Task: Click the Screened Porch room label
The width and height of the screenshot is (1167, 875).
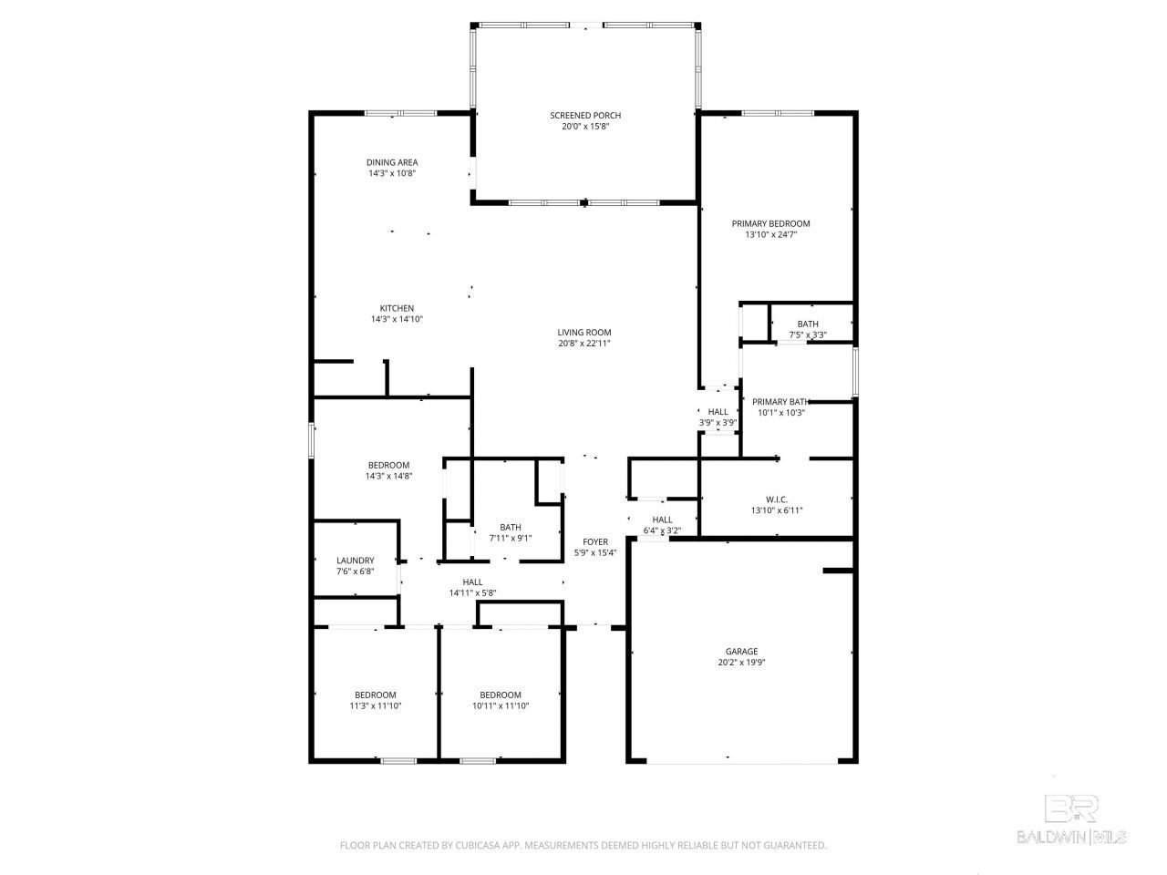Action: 584,115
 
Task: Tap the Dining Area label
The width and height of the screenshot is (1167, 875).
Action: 392,162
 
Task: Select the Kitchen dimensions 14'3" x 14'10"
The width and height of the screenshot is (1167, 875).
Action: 397,319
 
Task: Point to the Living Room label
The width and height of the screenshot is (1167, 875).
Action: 583,332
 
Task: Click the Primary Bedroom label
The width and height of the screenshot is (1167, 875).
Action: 770,223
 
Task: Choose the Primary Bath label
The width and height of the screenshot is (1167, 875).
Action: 780,402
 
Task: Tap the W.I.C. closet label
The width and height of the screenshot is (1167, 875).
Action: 776,499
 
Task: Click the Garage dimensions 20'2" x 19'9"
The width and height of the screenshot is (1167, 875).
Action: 741,662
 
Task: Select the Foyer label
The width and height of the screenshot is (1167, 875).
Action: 595,541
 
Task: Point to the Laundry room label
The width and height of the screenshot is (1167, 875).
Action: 356,560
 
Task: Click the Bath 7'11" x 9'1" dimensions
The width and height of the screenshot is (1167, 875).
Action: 510,538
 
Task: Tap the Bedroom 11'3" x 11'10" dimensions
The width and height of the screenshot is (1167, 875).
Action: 375,705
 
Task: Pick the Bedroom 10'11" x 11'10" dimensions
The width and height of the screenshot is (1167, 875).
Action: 501,705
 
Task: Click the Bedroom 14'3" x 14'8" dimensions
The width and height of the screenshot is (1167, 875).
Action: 388,476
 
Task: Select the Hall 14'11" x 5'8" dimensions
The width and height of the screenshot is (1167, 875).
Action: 472,592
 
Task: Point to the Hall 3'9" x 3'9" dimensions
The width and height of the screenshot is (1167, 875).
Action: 718,422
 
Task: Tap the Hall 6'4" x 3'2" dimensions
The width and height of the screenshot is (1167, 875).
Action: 662,530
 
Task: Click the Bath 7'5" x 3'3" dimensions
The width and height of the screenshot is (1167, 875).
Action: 808,335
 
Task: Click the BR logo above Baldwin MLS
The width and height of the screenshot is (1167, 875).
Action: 1071,808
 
